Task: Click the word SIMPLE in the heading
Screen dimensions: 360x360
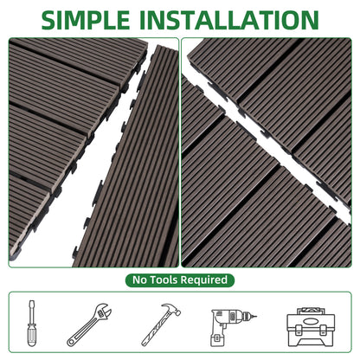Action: (86, 20)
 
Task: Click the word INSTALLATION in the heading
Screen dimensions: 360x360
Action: (229, 20)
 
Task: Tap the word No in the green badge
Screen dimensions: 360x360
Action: (139, 280)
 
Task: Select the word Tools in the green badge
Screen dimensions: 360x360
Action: (164, 280)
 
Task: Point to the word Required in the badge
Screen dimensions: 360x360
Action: (204, 280)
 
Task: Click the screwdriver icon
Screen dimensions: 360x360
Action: (31, 323)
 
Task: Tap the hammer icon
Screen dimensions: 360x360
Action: (161, 325)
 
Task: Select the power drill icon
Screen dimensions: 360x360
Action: (232, 326)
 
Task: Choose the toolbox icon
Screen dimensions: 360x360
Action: (311, 327)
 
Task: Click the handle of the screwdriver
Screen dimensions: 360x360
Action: (31, 334)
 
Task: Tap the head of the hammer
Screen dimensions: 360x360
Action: (171, 309)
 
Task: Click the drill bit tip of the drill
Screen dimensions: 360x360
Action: (254, 317)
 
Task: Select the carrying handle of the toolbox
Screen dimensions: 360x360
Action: (311, 311)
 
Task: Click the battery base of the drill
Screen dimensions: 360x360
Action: (218, 341)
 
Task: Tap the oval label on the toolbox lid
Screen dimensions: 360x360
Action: (311, 320)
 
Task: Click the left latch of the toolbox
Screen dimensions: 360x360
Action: (299, 330)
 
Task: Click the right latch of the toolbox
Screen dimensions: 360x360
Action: (324, 330)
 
